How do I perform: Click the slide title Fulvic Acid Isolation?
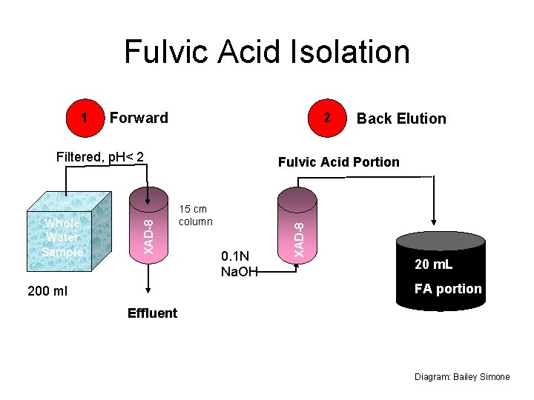click(266, 53)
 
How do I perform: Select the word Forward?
click(139, 118)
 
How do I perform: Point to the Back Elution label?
click(401, 119)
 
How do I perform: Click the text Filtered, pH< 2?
click(100, 157)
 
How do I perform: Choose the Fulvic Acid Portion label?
click(338, 162)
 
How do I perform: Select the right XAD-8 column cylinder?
click(297, 222)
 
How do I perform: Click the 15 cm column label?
click(195, 216)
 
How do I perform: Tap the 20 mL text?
click(434, 265)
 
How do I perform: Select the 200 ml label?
click(47, 291)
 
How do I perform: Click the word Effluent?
click(152, 313)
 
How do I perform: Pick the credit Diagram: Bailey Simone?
click(462, 377)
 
